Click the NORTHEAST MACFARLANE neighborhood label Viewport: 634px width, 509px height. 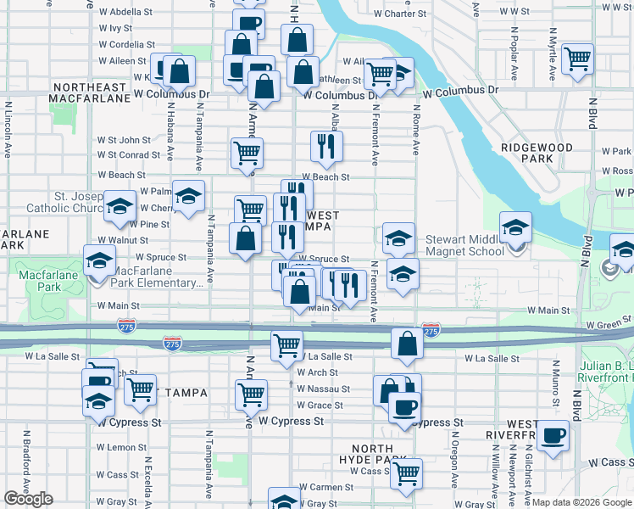click(88, 93)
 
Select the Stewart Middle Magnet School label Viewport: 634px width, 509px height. click(464, 245)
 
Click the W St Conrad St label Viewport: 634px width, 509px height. click(129, 155)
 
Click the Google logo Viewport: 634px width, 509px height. click(29, 499)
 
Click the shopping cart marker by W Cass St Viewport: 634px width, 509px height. click(407, 473)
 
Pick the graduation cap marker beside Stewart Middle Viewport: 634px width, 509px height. click(514, 227)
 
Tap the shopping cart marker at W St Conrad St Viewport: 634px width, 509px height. click(247, 153)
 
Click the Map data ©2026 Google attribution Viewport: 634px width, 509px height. click(581, 502)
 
